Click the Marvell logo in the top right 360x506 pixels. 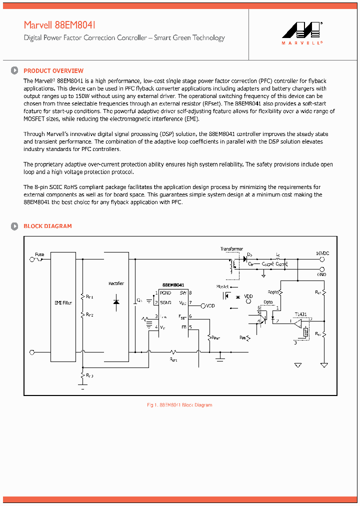tap(302, 33)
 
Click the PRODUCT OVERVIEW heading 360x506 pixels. tap(53, 71)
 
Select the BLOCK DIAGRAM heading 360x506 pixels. tap(47, 226)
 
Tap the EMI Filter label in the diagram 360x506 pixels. tap(63, 303)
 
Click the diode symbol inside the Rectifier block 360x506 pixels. tap(116, 302)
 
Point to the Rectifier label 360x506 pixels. tap(116, 283)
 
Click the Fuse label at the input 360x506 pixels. tap(39, 254)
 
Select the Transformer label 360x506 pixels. tap(231, 248)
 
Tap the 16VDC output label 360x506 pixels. tap(322, 254)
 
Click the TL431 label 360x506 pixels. tap(300, 314)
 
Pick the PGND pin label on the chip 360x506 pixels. tap(165, 292)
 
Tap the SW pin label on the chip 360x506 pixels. tap(183, 292)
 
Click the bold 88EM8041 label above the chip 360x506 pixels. tap(173, 284)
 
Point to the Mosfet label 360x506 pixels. tap(222, 286)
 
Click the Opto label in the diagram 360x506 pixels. tap(268, 302)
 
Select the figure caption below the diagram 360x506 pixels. tap(179, 405)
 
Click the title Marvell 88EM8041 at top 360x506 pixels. tap(59, 25)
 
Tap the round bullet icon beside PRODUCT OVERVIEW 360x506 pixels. tap(15, 71)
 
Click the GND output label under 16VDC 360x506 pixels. tap(321, 274)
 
